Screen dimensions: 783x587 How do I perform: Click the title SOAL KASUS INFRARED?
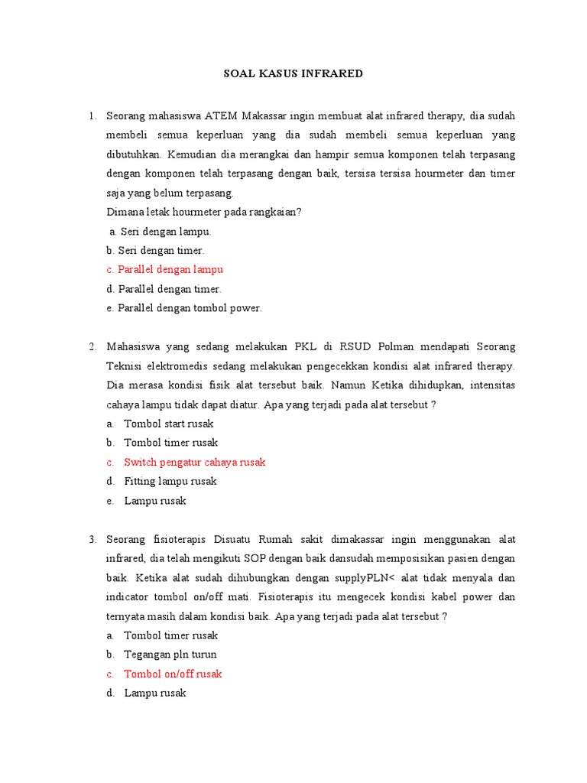click(293, 74)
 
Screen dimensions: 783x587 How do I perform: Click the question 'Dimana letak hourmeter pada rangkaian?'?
click(204, 212)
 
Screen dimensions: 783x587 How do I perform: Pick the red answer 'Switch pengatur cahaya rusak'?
click(194, 463)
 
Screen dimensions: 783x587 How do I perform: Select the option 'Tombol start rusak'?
click(168, 424)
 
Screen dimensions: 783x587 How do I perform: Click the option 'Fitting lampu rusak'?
click(170, 482)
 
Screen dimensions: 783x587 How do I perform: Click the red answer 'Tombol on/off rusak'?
click(173, 674)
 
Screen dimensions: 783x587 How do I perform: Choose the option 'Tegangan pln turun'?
click(170, 655)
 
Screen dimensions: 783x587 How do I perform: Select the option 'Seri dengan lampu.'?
click(161, 231)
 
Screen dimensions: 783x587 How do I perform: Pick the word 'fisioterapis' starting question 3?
click(180, 540)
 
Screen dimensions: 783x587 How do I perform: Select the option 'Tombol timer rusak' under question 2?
click(170, 443)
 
